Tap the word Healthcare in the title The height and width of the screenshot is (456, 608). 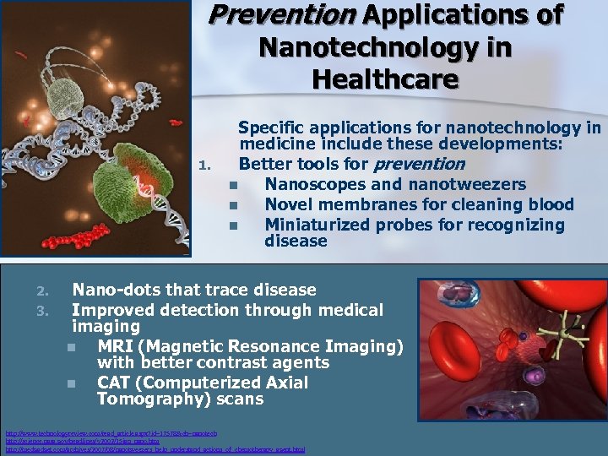(384, 79)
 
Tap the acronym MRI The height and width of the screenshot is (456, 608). (115, 346)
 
